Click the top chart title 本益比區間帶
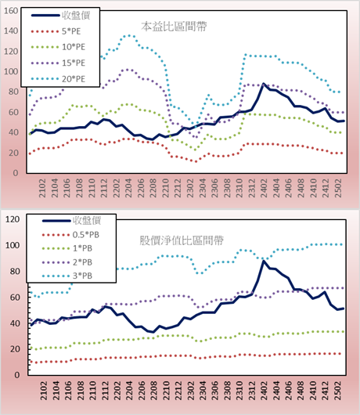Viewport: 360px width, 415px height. (174, 27)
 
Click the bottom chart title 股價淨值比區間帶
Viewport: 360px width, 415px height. (182, 240)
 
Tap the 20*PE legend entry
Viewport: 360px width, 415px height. (58, 79)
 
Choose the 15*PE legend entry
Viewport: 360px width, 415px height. (58, 63)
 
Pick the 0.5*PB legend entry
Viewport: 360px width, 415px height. (70, 235)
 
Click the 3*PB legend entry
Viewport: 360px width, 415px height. (67, 276)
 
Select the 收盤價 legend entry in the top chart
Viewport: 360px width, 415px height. (60, 16)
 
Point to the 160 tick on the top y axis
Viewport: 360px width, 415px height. (11, 11)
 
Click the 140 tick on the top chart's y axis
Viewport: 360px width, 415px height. (11, 31)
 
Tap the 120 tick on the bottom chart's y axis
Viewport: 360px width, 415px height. (13, 219)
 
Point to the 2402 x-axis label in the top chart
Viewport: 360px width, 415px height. (264, 188)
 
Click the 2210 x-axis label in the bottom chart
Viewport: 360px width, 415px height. (166, 391)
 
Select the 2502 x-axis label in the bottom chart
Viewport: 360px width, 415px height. (338, 391)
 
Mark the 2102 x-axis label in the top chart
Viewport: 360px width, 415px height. (42, 188)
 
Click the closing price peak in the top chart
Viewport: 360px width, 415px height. (263, 84)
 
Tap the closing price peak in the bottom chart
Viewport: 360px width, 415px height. (263, 261)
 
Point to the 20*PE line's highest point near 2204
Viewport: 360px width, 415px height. (128, 35)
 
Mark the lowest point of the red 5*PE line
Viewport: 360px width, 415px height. (196, 161)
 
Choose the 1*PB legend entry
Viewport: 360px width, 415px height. (67, 248)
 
